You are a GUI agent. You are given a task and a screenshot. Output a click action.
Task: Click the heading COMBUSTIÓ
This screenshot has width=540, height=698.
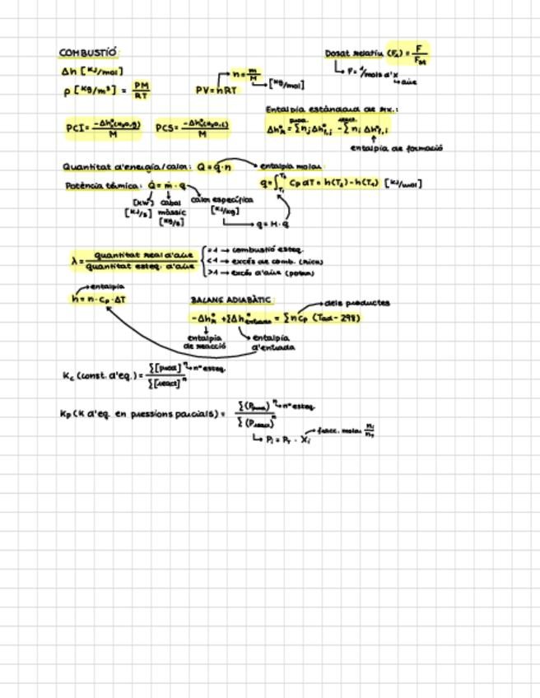click(88, 53)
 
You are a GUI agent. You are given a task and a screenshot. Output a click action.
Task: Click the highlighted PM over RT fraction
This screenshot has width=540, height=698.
click(141, 89)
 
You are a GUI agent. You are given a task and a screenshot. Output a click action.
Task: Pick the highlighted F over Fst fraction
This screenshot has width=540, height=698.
click(418, 55)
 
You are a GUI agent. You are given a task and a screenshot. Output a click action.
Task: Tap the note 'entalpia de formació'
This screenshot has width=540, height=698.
click(396, 148)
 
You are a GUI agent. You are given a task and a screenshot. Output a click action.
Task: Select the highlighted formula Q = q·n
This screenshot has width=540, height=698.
click(216, 166)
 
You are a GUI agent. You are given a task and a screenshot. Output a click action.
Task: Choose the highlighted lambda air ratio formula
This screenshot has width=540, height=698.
click(134, 261)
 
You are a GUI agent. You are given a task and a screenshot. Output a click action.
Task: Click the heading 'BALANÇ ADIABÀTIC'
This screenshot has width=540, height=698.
click(231, 300)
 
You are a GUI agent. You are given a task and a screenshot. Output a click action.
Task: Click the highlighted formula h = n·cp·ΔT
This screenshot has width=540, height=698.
click(99, 300)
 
